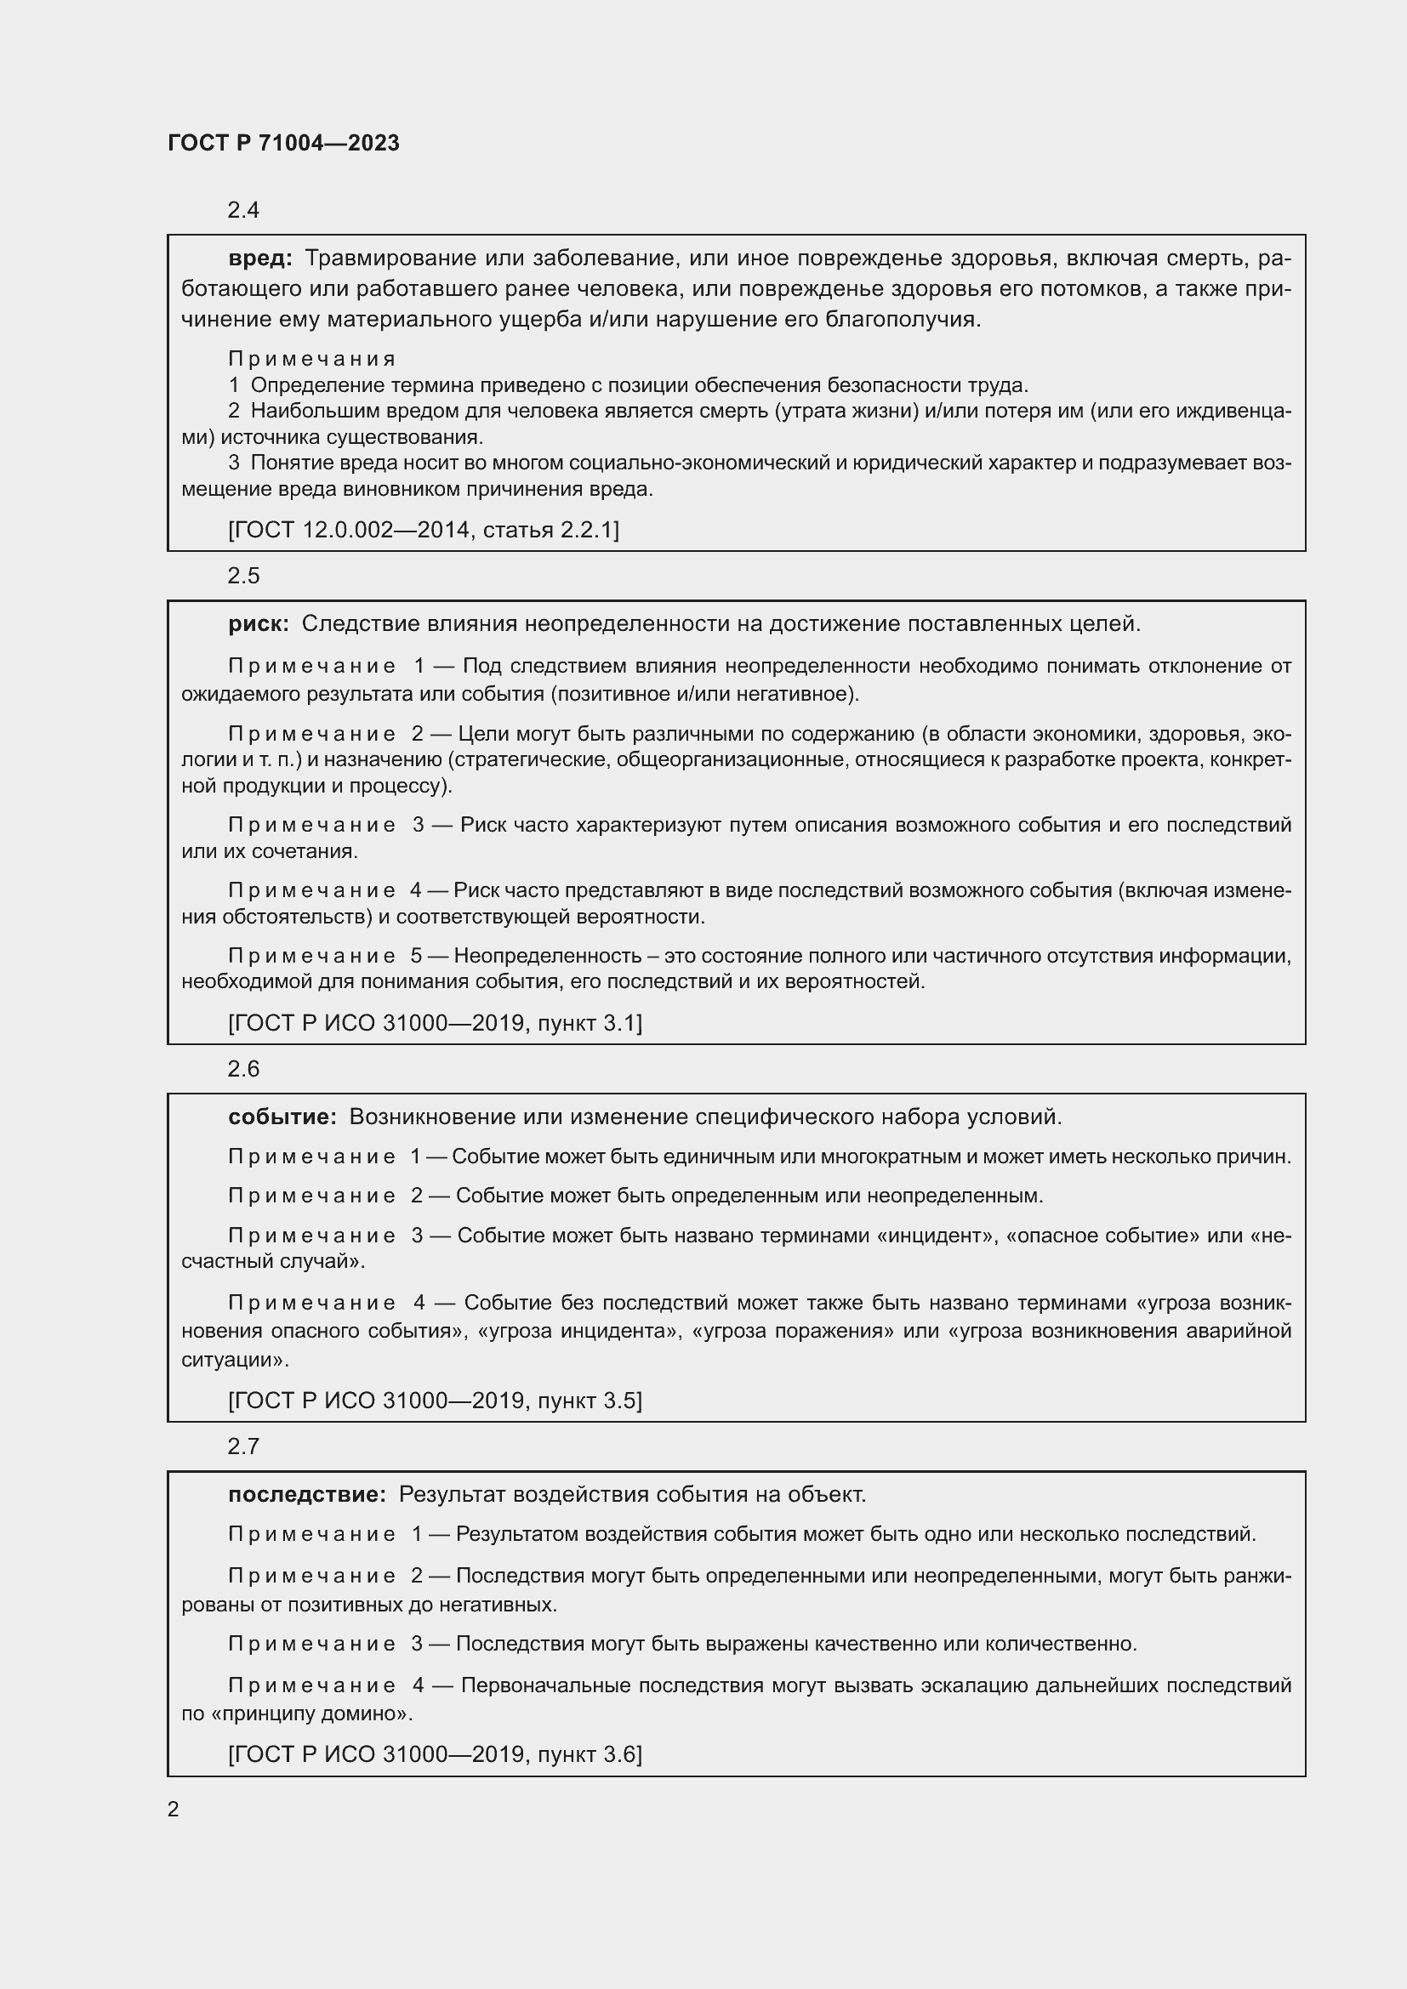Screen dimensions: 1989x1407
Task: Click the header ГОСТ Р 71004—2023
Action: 283,143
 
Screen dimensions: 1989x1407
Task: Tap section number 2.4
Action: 243,210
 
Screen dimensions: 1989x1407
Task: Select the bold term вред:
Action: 260,258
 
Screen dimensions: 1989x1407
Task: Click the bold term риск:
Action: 259,622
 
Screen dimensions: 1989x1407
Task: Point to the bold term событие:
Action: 282,1117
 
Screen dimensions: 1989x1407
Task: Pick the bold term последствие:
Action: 307,1494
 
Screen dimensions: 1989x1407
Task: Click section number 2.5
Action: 243,576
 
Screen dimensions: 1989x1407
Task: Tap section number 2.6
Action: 243,1069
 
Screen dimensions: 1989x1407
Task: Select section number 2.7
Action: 243,1446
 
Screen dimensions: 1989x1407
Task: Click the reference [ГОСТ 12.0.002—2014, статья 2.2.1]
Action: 424,529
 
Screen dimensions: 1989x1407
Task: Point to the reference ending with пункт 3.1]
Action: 435,1023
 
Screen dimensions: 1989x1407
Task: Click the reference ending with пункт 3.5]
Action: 435,1401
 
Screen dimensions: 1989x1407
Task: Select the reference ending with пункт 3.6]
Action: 435,1754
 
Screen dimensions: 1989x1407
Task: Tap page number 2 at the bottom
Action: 174,1810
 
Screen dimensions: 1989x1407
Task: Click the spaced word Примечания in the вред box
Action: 312,359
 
